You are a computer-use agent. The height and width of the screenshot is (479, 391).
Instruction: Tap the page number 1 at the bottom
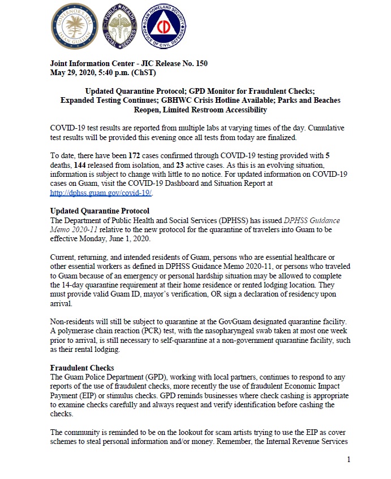tap(349, 459)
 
